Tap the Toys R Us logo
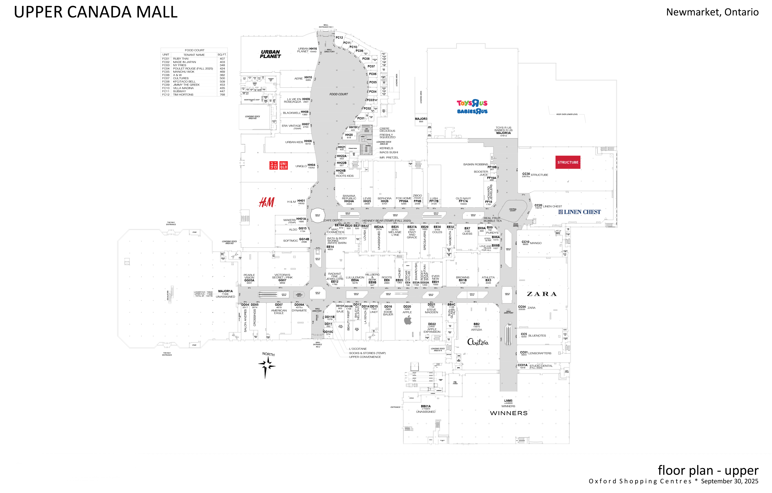[472, 103]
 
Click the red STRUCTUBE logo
[568, 162]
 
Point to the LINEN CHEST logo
[580, 212]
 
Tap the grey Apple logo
[408, 320]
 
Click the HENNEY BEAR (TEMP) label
[387, 221]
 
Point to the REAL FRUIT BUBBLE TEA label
[492, 220]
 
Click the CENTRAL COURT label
[513, 210]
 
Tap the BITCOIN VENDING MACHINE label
[515, 225]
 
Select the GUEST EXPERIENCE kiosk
[299, 295]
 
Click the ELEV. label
[318, 248]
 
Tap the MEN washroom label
[367, 129]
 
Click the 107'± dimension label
[280, 288]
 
